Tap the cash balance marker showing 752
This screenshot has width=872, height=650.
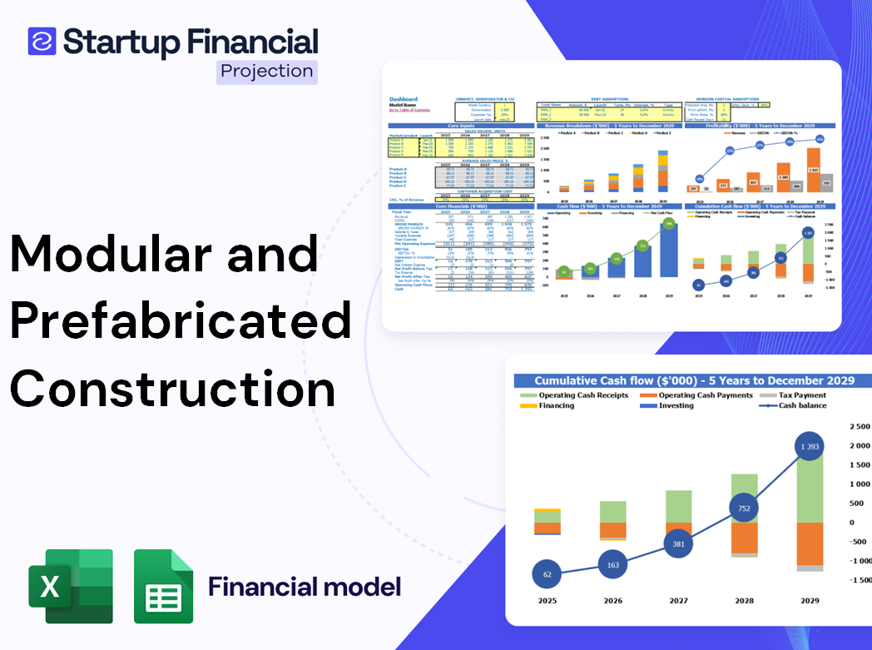(x=744, y=509)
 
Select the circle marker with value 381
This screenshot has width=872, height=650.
(x=679, y=544)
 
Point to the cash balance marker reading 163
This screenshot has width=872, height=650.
(x=613, y=565)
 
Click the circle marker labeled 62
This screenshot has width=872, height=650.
(x=547, y=574)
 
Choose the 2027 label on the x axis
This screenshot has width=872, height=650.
(x=679, y=601)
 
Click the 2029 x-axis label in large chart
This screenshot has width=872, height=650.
(x=809, y=601)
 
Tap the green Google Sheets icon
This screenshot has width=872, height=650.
(x=164, y=586)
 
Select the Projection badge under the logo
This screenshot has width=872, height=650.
(x=266, y=72)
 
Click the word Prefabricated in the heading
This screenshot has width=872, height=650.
(x=180, y=321)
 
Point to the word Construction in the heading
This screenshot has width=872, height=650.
(x=173, y=388)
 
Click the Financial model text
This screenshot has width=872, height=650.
(x=305, y=587)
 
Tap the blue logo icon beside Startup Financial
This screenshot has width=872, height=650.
(x=42, y=41)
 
